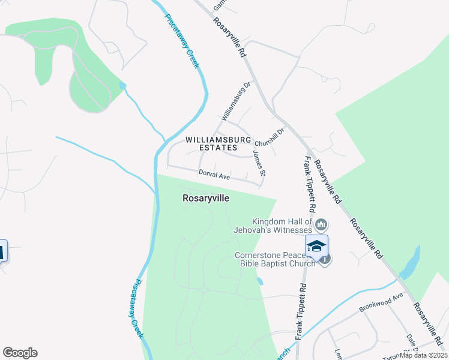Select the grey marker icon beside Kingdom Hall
pos(321,225)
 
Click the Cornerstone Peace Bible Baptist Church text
pos(275,259)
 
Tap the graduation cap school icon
pos(316,246)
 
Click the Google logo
pos(20,353)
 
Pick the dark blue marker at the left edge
pos(2,251)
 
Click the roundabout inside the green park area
pos(203,289)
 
